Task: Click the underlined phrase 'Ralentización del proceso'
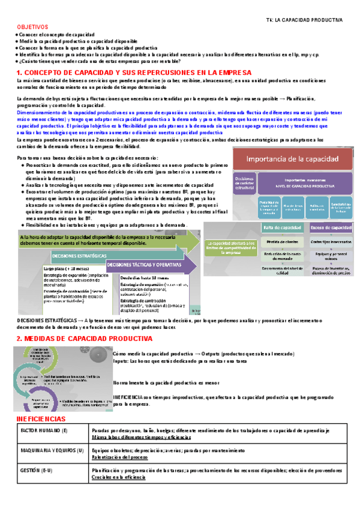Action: (120, 457)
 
